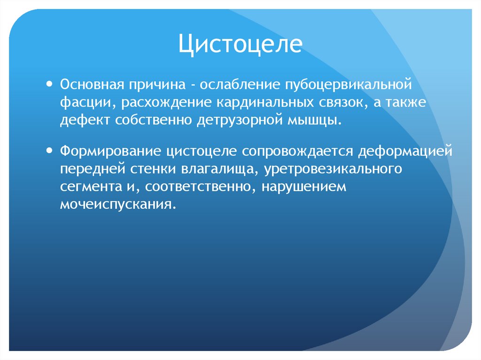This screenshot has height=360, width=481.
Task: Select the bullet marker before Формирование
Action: (50, 151)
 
